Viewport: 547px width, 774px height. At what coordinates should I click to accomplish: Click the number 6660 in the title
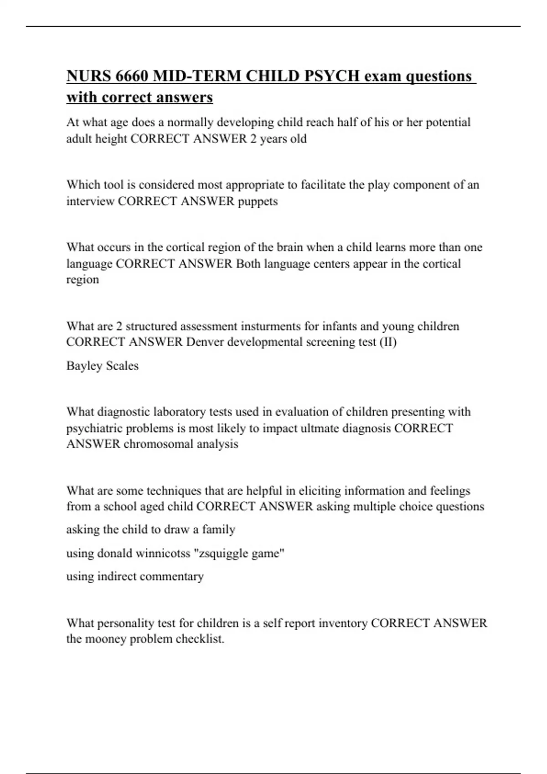[132, 76]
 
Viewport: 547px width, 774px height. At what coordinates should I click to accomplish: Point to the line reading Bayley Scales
[103, 366]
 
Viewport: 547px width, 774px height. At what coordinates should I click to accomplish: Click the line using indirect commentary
[135, 576]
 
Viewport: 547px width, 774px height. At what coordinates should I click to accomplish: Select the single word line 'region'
[83, 280]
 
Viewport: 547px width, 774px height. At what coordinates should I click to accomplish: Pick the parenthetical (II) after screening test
[388, 342]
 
